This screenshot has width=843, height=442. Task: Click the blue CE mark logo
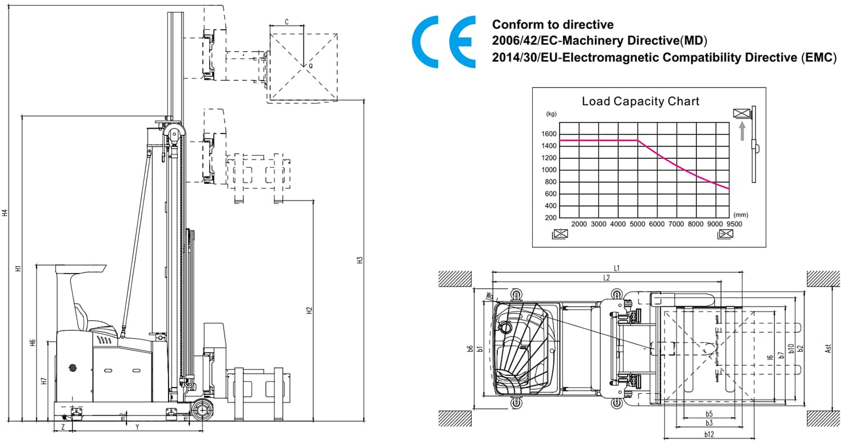(x=443, y=42)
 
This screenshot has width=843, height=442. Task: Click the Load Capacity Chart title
(x=640, y=102)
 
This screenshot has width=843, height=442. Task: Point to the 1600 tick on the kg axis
(x=549, y=134)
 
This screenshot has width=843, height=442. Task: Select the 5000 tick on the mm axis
(x=637, y=224)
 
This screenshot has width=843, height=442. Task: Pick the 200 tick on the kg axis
(x=550, y=218)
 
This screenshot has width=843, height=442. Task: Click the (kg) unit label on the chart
(x=551, y=114)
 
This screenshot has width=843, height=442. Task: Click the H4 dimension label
(x=4, y=213)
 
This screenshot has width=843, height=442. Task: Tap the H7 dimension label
(x=44, y=381)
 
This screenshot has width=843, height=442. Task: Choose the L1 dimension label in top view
(x=617, y=268)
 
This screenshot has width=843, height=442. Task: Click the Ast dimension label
(x=828, y=349)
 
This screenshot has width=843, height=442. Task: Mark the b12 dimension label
(x=709, y=434)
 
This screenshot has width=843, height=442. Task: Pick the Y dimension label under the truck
(x=137, y=427)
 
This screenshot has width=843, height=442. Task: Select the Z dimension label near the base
(x=63, y=427)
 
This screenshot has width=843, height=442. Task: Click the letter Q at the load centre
(x=310, y=66)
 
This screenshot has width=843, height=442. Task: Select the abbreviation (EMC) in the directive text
(x=818, y=57)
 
